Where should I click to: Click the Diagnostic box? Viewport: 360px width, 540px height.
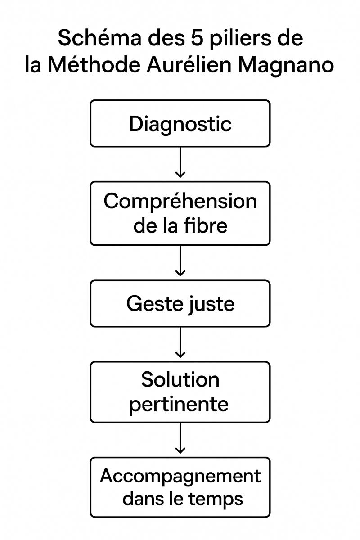180,124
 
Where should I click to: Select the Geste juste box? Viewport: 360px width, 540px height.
180,304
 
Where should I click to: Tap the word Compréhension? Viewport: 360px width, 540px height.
180,201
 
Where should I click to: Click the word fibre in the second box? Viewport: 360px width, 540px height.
207,225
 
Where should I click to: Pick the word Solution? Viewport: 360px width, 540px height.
180,380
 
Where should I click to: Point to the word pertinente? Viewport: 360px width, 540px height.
179,405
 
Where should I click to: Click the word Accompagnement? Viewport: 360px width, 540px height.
180,476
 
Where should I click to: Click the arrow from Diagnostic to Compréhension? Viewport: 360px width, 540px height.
180,162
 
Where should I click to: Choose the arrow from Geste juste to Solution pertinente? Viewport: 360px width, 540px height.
180,343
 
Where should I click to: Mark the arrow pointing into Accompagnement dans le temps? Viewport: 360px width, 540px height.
180,439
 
